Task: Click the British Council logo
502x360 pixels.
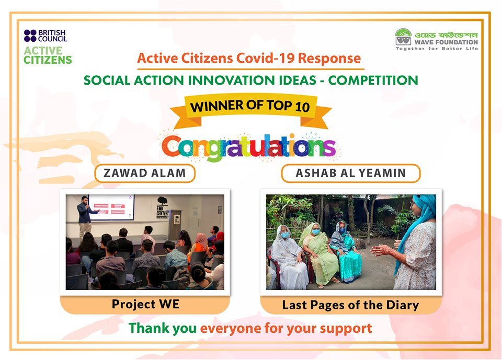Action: click(x=45, y=36)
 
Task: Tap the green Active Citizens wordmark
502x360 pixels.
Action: click(x=48, y=55)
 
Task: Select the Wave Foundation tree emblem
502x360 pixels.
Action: click(x=403, y=37)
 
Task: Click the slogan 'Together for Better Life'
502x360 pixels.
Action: click(x=437, y=49)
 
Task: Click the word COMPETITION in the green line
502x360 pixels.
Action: click(x=373, y=80)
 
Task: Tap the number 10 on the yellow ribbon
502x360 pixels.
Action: click(x=302, y=107)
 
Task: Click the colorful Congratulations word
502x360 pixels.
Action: click(x=249, y=147)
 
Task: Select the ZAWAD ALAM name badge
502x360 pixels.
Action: click(x=145, y=173)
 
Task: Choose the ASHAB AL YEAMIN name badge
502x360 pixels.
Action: click(x=350, y=173)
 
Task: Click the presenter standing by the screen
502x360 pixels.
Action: click(x=86, y=217)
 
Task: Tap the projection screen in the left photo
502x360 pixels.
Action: click(x=111, y=207)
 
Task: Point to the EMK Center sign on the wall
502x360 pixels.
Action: click(x=162, y=208)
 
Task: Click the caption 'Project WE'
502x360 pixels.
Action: click(x=145, y=304)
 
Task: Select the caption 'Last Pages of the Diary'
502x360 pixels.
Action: click(x=350, y=305)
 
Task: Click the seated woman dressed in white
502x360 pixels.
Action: click(x=287, y=258)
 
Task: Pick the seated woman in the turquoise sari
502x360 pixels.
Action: click(x=346, y=253)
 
